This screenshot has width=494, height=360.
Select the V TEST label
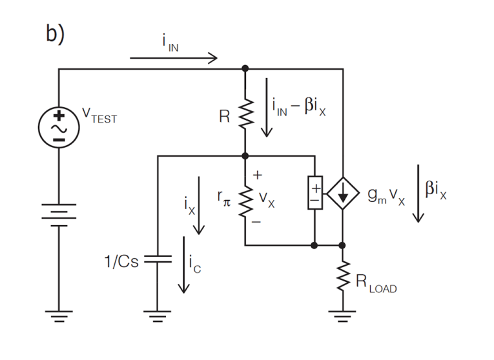(99, 116)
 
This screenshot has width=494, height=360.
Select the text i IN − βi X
(299, 105)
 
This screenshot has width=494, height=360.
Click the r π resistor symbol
(245, 202)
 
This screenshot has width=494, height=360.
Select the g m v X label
(386, 197)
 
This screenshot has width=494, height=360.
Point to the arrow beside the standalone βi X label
(419, 194)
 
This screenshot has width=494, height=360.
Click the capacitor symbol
(157, 259)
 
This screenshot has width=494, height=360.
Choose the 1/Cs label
(121, 262)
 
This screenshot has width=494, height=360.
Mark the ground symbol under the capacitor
(157, 317)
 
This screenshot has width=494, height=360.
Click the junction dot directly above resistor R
(245, 68)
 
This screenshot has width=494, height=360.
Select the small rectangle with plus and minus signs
(315, 194)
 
